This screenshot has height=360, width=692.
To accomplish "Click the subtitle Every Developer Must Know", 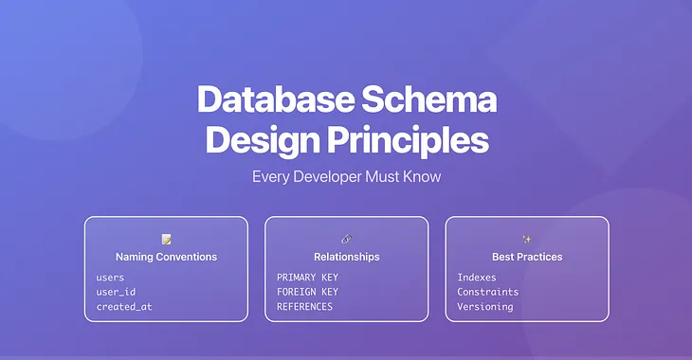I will coord(346,176).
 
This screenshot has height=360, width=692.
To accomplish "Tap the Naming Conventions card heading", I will coord(166,257).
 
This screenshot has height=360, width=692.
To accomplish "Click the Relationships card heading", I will coord(346,257).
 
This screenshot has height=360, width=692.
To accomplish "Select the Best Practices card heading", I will coord(527,257).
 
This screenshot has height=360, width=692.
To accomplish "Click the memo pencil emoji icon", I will coord(166,239).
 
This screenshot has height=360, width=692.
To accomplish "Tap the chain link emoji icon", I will coord(346,239).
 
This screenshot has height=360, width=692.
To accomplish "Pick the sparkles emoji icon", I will coord(527,239).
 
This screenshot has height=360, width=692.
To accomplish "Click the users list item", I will coord(111,278).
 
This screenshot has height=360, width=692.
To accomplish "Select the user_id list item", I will coord(116,292).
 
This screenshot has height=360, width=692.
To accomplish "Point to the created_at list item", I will coord(123,307).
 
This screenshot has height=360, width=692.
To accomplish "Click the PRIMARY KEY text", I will coord(307,278).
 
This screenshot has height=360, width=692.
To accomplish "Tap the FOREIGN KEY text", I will coord(307,292).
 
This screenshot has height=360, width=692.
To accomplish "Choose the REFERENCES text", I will coord(304,307).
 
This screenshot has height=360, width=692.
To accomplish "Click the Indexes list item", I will coord(477,278).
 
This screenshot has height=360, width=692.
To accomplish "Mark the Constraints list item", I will coord(487,292).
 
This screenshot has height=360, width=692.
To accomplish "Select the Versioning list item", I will coord(484,307).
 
